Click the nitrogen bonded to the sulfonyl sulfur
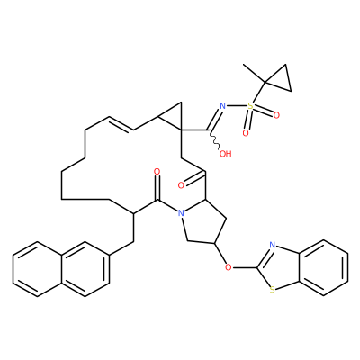pyautogui.click(x=222, y=105)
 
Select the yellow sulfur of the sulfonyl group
pyautogui.click(x=250, y=105)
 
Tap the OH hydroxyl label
pyautogui.click(x=226, y=154)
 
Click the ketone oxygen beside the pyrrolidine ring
pyautogui.click(x=181, y=185)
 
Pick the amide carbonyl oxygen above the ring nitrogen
pyautogui.click(x=157, y=172)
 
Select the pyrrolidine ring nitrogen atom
pyautogui.click(x=181, y=213)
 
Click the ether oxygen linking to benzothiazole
pyautogui.click(x=229, y=266)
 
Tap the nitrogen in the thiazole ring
pyautogui.click(x=272, y=245)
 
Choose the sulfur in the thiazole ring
pyautogui.click(x=272, y=290)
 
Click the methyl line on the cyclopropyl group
pyautogui.click(x=254, y=73)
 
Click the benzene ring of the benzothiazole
pyautogui.click(x=324, y=267)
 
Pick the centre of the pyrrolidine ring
pyautogui.click(x=203, y=223)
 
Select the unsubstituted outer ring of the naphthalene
pyautogui.click(x=37, y=269)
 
